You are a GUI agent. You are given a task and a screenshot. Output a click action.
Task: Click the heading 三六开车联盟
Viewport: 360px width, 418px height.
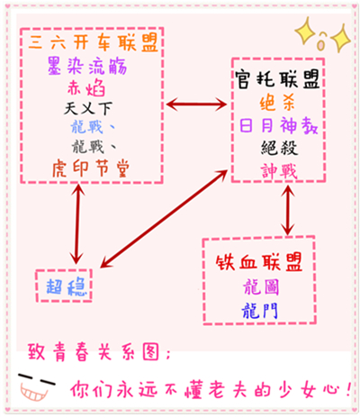[93, 42]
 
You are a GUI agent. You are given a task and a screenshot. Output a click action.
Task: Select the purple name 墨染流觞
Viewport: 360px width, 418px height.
[87, 66]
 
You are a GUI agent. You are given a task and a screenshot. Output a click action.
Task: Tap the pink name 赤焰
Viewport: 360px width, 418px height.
[86, 87]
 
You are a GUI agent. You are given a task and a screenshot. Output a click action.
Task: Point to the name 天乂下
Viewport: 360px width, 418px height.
[88, 108]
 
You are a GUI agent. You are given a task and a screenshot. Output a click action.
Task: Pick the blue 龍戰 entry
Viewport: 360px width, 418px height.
[93, 127]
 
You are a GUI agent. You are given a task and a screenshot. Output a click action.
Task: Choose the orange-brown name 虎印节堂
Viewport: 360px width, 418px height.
[91, 168]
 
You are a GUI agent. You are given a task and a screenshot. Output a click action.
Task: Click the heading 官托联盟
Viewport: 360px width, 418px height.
[277, 79]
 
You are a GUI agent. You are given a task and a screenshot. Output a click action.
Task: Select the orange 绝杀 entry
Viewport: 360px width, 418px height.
[277, 104]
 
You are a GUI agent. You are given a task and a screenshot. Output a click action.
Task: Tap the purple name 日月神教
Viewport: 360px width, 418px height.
[278, 125]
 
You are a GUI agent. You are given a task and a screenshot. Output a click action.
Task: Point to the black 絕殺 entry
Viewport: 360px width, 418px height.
[279, 148]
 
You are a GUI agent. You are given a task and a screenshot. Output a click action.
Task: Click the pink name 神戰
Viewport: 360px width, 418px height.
[279, 171]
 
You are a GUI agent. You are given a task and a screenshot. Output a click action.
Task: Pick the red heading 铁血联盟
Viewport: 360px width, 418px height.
[258, 262]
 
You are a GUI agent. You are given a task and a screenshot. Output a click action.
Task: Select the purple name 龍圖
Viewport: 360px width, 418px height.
[261, 286]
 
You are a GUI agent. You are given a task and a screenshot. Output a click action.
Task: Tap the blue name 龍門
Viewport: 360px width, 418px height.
[259, 310]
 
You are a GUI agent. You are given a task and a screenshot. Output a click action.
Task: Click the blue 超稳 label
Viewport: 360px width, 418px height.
[66, 286]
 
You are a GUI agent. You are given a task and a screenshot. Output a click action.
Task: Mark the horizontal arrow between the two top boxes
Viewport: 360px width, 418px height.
[196, 104]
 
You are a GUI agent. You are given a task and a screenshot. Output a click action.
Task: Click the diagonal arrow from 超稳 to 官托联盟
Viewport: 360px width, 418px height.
[164, 218]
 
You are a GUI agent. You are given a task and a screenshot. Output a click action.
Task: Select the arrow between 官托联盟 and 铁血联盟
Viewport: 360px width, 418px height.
[288, 210]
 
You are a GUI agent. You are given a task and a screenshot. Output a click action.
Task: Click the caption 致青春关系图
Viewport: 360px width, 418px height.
[99, 352]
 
